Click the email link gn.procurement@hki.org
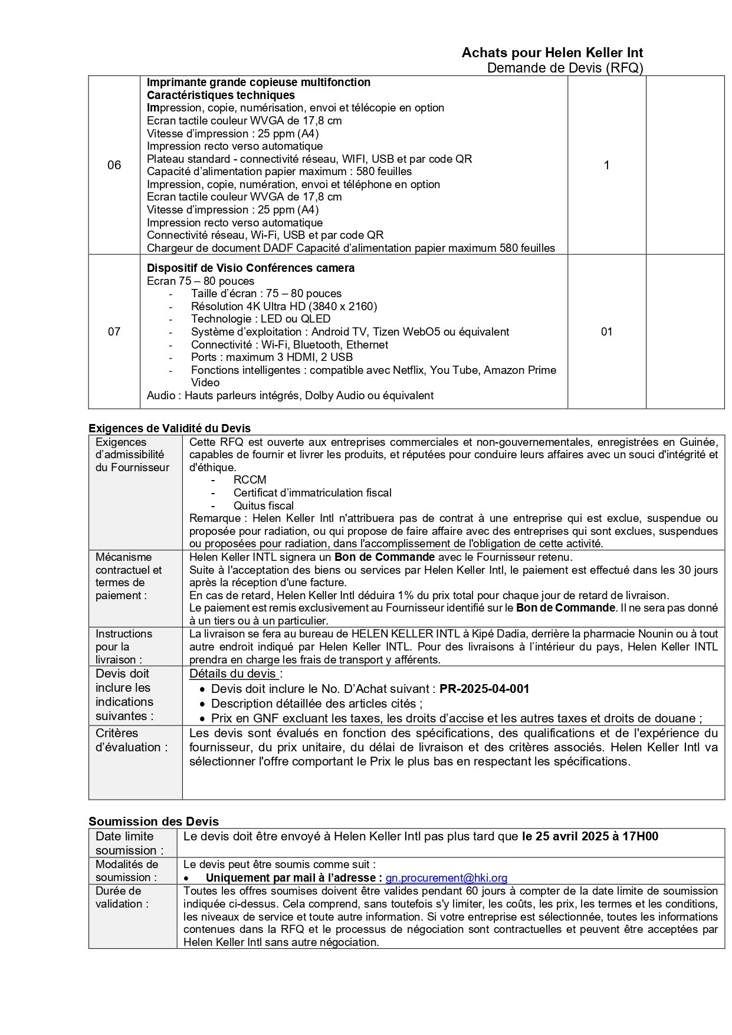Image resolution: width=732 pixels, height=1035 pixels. [446, 878]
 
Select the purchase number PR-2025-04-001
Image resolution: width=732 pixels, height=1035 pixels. [484, 689]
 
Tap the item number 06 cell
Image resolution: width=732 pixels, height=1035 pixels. [114, 165]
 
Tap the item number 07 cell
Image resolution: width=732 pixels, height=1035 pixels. [114, 331]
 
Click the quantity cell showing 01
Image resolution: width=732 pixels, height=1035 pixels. [606, 331]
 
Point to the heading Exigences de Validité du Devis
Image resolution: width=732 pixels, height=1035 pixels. [169, 428]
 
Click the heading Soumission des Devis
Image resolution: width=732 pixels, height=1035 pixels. [153, 821]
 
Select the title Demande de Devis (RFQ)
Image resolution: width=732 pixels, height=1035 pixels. [564, 68]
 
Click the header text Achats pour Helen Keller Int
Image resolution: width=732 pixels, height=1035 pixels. [552, 52]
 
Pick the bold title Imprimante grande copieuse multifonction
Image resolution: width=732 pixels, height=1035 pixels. [258, 82]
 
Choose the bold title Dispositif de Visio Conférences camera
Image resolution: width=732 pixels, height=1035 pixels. [251, 268]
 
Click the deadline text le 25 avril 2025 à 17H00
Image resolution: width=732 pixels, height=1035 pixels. [590, 836]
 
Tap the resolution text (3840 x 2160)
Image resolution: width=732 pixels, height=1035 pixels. [343, 306]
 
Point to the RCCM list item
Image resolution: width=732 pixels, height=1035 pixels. [250, 479]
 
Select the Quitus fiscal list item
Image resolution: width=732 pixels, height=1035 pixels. [263, 505]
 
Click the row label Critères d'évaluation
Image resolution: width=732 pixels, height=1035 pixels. [132, 740]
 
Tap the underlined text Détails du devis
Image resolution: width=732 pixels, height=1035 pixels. [233, 673]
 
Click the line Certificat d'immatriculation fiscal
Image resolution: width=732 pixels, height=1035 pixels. [312, 492]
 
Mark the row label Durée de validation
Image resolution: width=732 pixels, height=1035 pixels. [122, 897]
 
